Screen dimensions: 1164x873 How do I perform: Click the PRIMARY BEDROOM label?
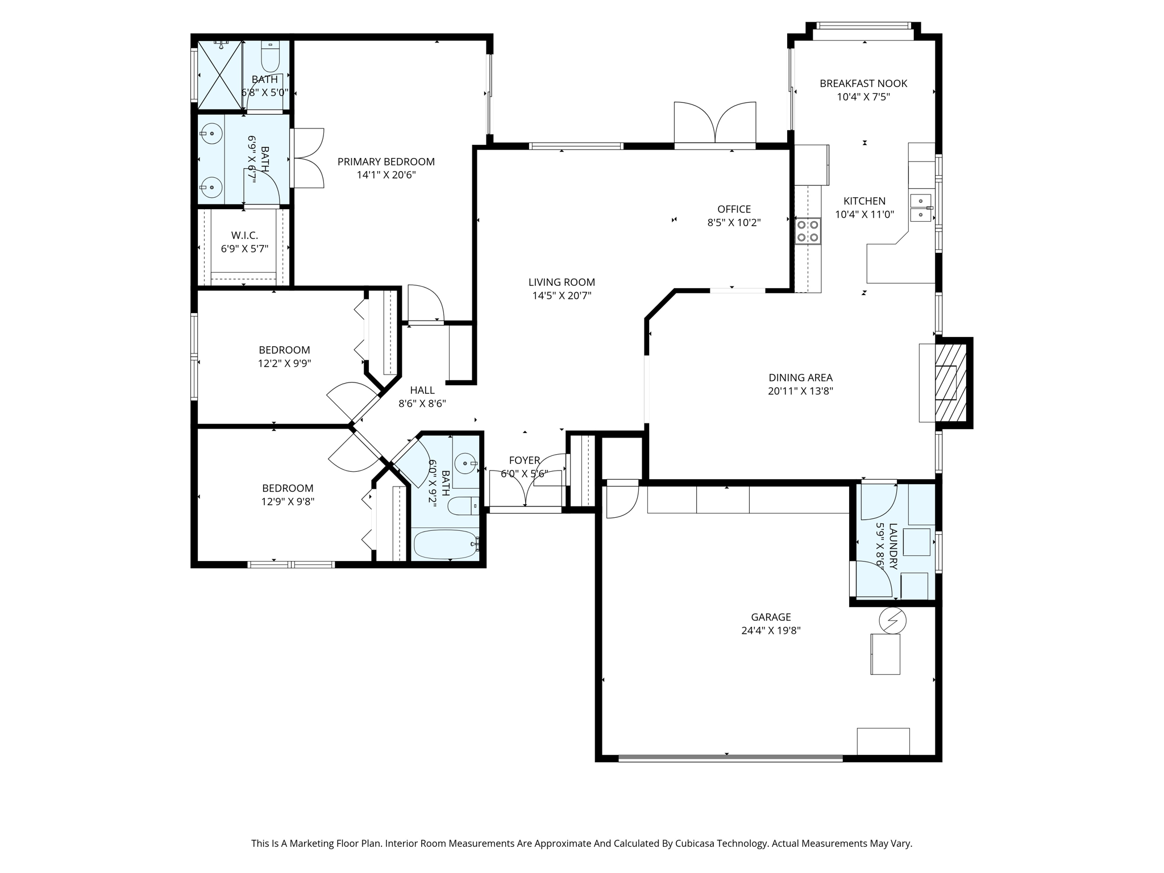386,162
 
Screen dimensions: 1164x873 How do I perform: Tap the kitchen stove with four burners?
808,231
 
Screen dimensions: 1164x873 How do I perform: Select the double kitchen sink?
921,207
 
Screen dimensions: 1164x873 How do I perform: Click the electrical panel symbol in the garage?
892,621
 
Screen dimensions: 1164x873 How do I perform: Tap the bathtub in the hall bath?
446,544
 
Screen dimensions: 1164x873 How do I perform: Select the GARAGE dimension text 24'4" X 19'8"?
771,630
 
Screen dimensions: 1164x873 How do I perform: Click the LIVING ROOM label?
562,282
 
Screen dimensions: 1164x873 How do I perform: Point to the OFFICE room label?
734,209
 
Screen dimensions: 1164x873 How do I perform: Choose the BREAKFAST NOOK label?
863,84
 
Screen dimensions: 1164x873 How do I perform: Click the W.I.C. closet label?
244,235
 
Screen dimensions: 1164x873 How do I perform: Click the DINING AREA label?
800,377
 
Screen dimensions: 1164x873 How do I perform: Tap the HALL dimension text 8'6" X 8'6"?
422,404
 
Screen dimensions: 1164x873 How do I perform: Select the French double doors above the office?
715,123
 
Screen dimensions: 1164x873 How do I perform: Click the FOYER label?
524,460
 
